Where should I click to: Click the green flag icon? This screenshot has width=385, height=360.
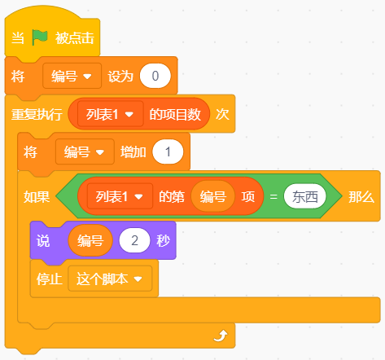coord(40,37)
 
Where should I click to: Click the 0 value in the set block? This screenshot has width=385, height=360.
coord(155,76)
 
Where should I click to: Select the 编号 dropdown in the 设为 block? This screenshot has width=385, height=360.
coord(72,76)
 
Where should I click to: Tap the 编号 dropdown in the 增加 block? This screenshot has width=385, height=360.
coord(85,151)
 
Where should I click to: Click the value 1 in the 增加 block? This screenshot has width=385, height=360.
coord(168,151)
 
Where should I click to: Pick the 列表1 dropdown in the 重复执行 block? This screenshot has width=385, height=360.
coord(110,114)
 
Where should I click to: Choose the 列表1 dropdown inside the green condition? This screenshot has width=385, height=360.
coord(120,196)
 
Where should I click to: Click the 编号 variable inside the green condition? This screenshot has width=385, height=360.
coord(213,196)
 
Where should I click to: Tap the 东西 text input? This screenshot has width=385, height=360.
coord(305,196)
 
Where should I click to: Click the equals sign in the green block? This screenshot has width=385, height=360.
coord(273,196)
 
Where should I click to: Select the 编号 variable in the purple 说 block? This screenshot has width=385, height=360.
coord(90,240)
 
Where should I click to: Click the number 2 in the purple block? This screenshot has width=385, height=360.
coord(134,240)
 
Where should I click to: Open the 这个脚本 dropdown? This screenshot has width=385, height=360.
coord(110,279)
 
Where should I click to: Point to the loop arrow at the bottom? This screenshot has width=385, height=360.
coord(221,336)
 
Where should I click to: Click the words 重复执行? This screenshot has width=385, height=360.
coord(37,114)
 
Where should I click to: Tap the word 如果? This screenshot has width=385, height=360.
coord(37,196)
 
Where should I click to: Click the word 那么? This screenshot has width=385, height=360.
coord(361,196)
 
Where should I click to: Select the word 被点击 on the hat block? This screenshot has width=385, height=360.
coord(75,37)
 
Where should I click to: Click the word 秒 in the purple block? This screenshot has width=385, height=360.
coord(163,240)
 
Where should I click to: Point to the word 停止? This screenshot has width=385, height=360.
coord(50,279)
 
